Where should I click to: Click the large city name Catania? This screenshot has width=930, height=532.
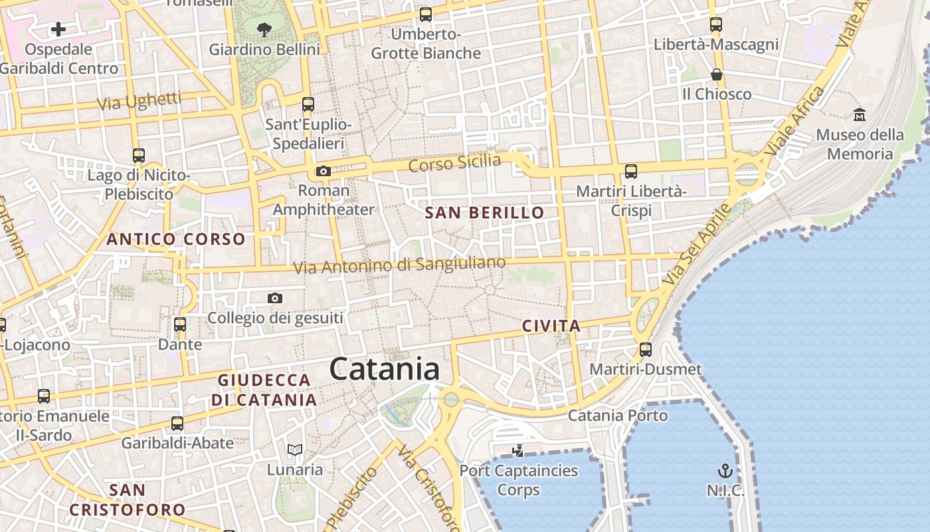point(384,369)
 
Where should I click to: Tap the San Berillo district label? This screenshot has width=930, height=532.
point(484,213)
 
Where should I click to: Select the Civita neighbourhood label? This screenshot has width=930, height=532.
point(551,326)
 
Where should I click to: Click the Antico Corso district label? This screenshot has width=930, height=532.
point(176,239)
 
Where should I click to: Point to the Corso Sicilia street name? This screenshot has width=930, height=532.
point(454,162)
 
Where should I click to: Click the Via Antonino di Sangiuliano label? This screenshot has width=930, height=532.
point(399,265)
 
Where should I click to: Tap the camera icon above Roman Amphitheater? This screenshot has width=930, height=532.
point(324,172)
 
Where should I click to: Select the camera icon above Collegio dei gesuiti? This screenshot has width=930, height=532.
point(275,299)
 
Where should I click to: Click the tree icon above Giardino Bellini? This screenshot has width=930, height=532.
point(264,29)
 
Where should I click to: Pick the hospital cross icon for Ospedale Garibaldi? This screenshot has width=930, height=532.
point(58,29)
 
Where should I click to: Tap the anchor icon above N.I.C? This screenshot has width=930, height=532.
point(725,471)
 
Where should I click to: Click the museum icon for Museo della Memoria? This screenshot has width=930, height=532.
point(860,114)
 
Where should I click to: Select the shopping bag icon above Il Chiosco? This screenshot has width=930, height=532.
point(716,74)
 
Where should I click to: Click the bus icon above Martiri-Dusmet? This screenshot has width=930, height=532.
point(646,349)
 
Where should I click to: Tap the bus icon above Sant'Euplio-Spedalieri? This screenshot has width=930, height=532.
point(308,104)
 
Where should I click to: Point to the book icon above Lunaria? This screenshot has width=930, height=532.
point(295,450)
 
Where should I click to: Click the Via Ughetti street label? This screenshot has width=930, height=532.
point(139,101)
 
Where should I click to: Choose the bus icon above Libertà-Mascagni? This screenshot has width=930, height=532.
point(715,25)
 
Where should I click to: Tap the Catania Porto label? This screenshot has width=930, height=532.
point(618,416)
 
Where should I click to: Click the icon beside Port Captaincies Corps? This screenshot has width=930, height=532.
point(518,452)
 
